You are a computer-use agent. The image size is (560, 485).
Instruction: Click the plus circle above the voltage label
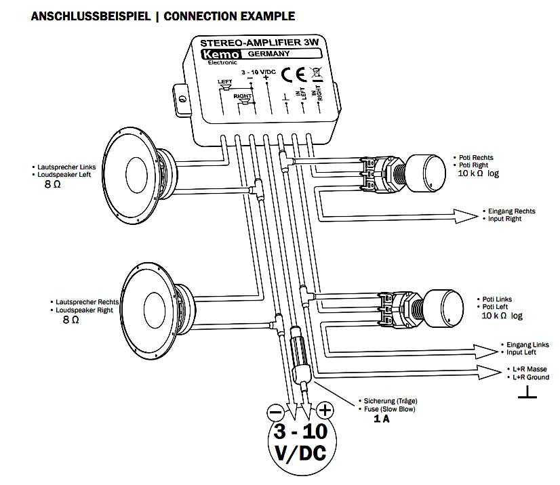pos(325,410)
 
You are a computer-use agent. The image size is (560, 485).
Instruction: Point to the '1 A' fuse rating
pos(381,419)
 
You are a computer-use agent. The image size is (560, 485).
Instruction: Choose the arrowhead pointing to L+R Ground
pos(489,372)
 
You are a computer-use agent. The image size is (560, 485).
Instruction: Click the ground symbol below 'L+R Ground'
pos(526,394)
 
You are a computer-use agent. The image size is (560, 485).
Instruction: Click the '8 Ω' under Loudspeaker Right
pos(71,319)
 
